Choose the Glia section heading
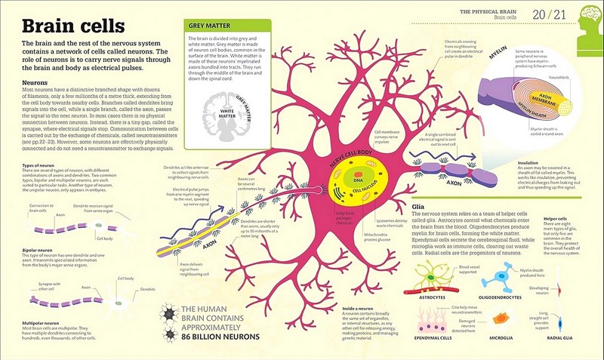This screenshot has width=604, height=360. (x=420, y=205)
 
